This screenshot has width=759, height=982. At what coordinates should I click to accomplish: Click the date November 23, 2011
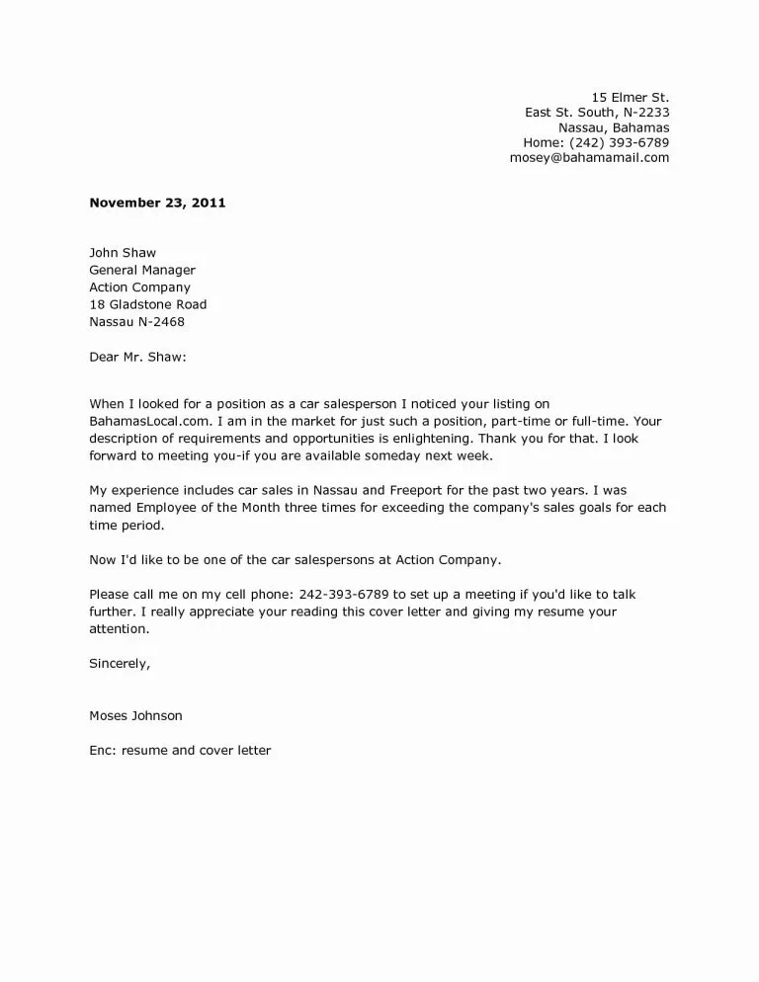point(157,204)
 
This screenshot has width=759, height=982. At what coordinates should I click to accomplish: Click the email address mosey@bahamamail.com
point(589,157)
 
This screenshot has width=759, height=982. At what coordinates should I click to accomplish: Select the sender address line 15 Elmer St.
point(630,97)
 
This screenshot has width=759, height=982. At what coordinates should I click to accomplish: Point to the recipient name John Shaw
point(123,253)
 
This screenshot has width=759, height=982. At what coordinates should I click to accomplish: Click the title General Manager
point(142,270)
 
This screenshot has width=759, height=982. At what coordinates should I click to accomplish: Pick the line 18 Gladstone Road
point(148,304)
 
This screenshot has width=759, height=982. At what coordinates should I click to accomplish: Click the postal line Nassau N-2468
point(136,321)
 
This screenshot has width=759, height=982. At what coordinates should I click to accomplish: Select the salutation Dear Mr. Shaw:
point(137,356)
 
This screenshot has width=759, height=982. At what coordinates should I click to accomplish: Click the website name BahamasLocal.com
point(141,422)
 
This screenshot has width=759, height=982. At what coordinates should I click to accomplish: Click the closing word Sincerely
point(119,663)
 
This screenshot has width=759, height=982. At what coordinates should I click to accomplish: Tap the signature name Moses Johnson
point(135,715)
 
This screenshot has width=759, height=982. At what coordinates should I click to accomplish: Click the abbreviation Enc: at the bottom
point(104,750)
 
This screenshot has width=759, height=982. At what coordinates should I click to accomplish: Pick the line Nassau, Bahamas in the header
point(614,127)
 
